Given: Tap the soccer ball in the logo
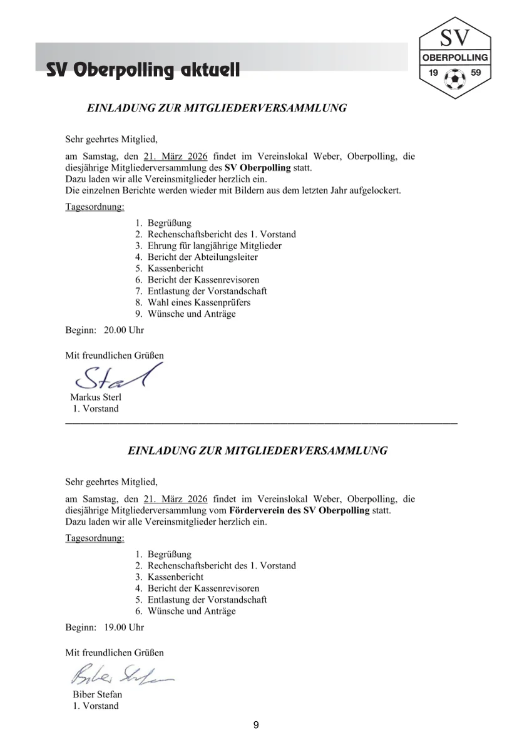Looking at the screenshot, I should [x=455, y=78].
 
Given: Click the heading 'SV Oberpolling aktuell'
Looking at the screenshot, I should [x=143, y=71].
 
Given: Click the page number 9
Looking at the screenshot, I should [x=256, y=725].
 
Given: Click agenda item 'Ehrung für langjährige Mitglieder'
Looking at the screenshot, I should [x=214, y=246].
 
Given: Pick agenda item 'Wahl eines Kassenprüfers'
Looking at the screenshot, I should [x=198, y=302].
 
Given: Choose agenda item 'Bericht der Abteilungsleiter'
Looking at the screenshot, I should [x=202, y=257].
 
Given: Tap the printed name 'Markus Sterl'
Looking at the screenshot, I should [x=96, y=398].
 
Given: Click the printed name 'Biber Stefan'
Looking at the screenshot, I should [x=98, y=694].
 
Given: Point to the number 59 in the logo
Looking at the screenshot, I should [x=476, y=73].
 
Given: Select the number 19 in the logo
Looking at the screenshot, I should [x=432, y=73].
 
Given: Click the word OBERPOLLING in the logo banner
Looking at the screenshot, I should [x=455, y=57].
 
